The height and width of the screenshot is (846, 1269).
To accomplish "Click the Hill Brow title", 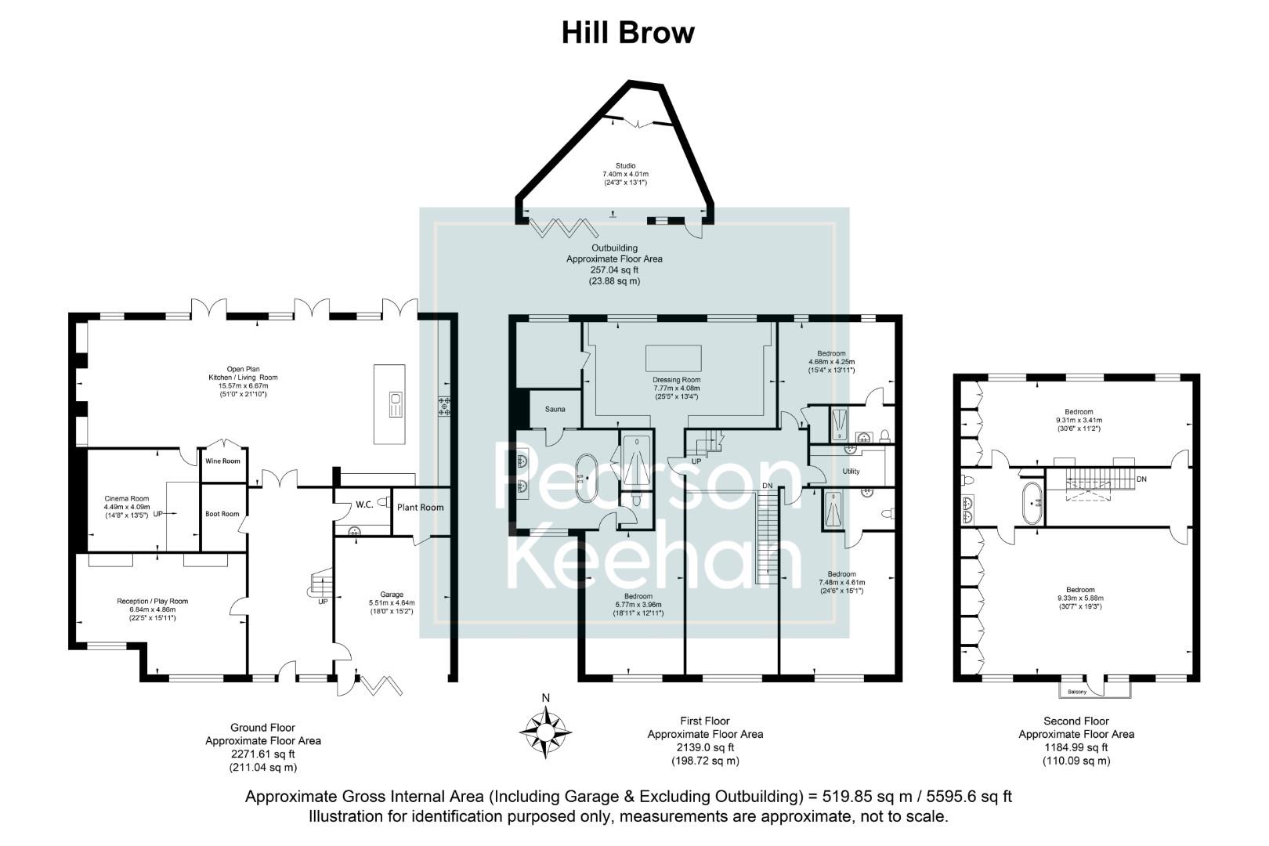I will click(627, 33).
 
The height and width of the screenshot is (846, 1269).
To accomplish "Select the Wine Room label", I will click(222, 461).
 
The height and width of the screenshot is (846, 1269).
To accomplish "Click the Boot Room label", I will click(222, 514).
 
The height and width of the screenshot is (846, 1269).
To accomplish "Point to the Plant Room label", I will click(420, 508).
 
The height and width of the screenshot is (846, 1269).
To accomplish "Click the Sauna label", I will click(555, 409).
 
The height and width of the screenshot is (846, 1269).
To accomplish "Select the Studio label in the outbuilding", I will click(625, 165).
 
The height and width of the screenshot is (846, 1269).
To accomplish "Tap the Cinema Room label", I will click(127, 498).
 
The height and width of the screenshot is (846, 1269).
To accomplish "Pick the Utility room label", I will click(851, 472).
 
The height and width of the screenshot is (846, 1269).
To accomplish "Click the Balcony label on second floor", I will click(1077, 692).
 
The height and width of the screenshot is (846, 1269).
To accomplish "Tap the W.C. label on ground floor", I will click(364, 504).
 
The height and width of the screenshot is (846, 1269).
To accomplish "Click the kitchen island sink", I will click(396, 405).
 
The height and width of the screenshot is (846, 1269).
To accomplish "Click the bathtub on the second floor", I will click(1032, 503).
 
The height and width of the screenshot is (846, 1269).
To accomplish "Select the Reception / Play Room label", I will click(152, 602).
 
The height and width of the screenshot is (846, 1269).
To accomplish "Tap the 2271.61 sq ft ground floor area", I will click(262, 754).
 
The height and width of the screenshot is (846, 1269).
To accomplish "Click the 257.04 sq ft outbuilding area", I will click(614, 269).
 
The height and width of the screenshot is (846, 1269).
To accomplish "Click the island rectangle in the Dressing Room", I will click(673, 358).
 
